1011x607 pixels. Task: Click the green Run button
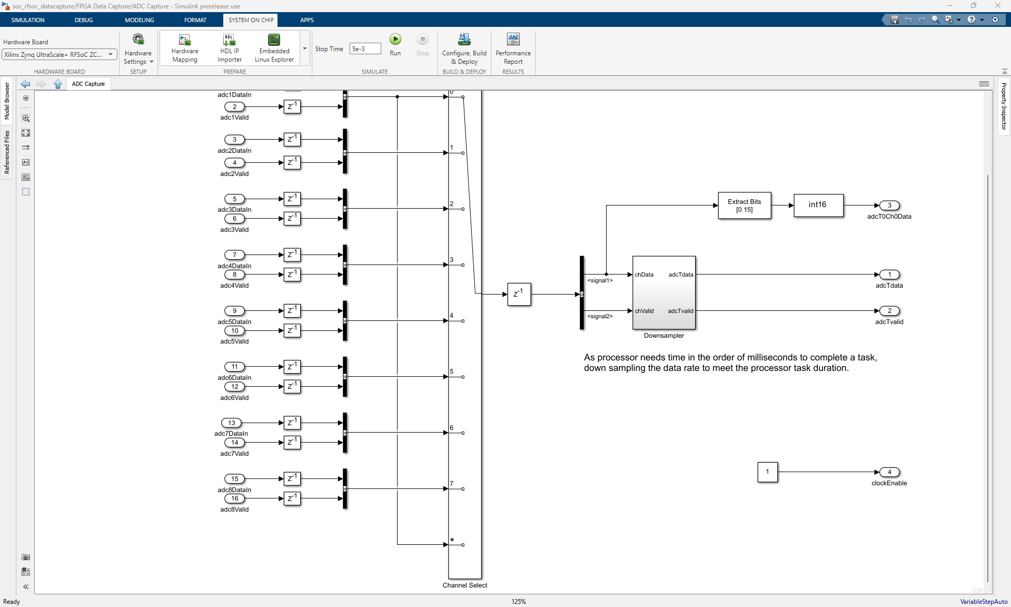click(x=395, y=40)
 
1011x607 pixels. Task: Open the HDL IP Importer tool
click(x=229, y=48)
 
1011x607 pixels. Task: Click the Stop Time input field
click(x=365, y=49)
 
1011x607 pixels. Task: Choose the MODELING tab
click(x=139, y=20)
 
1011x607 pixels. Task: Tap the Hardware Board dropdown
click(x=60, y=55)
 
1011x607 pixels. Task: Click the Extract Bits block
click(x=744, y=205)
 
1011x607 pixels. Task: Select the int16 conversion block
click(x=818, y=205)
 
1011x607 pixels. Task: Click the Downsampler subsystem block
click(x=663, y=292)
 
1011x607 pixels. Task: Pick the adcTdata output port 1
click(x=889, y=275)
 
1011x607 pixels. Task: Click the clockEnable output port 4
click(x=889, y=472)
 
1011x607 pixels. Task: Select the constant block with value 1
click(x=767, y=472)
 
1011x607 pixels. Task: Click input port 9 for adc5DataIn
click(x=234, y=311)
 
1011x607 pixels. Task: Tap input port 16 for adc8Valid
click(x=234, y=498)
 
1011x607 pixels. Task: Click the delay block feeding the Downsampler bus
click(x=519, y=294)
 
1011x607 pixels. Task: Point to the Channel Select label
click(x=464, y=585)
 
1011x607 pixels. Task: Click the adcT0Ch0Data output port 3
click(x=889, y=205)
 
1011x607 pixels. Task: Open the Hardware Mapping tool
click(x=185, y=48)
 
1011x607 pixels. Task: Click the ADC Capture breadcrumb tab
click(x=88, y=84)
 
